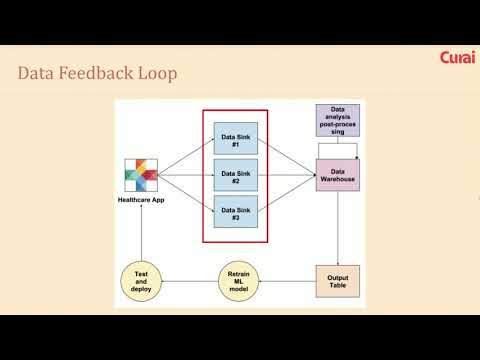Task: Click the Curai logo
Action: click(x=457, y=57)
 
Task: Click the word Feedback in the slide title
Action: click(x=96, y=73)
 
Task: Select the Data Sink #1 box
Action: click(x=236, y=138)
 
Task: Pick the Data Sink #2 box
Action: click(x=236, y=175)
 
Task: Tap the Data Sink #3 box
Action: click(x=236, y=212)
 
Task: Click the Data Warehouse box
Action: click(x=338, y=175)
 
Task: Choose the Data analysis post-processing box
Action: click(x=338, y=120)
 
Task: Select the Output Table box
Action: click(x=338, y=281)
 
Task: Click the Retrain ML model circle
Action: click(x=239, y=281)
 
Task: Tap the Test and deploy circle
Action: click(x=141, y=281)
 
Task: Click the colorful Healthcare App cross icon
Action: click(x=141, y=175)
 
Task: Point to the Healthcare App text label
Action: click(x=141, y=200)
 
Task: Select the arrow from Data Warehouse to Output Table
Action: click(x=338, y=228)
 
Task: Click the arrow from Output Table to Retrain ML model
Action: click(x=287, y=281)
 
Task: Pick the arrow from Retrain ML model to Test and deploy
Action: click(x=190, y=281)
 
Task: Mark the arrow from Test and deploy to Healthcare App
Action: click(x=141, y=232)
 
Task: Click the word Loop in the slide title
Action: click(x=157, y=74)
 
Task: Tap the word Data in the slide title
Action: click(x=36, y=73)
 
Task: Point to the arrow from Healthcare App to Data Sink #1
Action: click(x=186, y=157)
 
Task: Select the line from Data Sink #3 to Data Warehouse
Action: click(x=287, y=193)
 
